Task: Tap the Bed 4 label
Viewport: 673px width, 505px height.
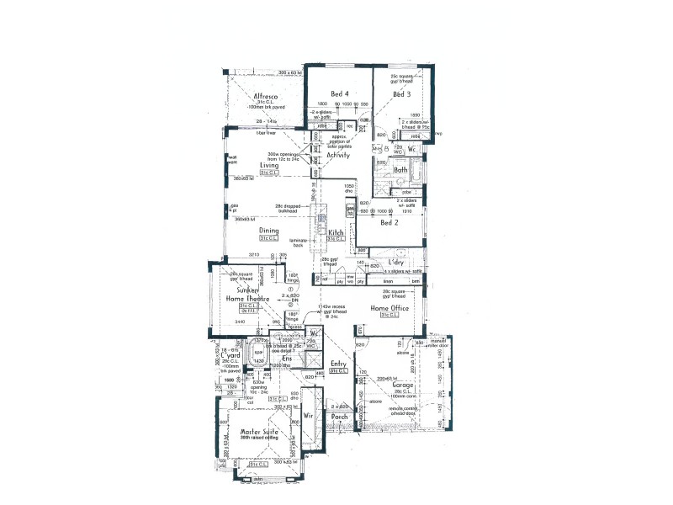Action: (x=339, y=93)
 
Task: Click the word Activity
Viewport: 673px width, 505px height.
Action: (x=338, y=155)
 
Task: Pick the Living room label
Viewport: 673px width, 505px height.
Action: (x=269, y=166)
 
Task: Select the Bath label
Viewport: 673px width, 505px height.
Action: (x=400, y=170)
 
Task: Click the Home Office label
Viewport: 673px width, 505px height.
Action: (x=390, y=308)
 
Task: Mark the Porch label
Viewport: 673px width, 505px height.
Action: (x=340, y=417)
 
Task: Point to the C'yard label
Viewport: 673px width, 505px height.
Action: (x=231, y=356)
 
